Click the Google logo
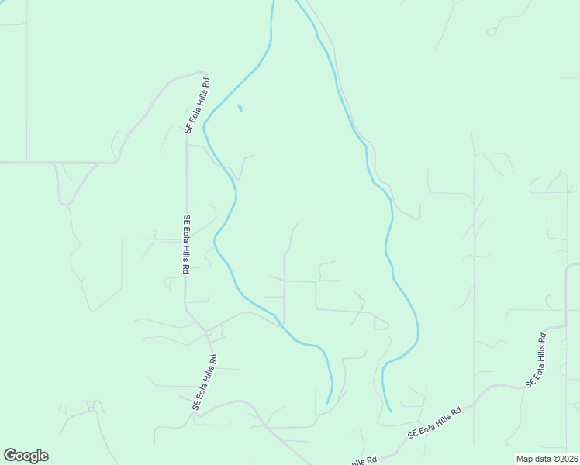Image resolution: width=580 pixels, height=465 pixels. (x=26, y=456)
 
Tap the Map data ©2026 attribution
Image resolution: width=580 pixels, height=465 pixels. (x=547, y=459)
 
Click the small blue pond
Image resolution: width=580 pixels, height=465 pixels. (x=240, y=108)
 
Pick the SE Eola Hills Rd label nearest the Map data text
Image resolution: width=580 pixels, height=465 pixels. (x=536, y=360)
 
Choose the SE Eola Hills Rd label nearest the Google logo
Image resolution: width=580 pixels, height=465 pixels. (x=204, y=382)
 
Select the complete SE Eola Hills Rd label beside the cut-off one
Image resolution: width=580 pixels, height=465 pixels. (x=435, y=422)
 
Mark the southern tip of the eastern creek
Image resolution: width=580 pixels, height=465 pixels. (x=390, y=410)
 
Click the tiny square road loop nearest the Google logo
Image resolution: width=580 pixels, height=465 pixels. (x=91, y=405)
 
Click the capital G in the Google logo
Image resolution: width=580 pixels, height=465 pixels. (x=10, y=456)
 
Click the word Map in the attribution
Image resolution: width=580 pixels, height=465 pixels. (x=525, y=459)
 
